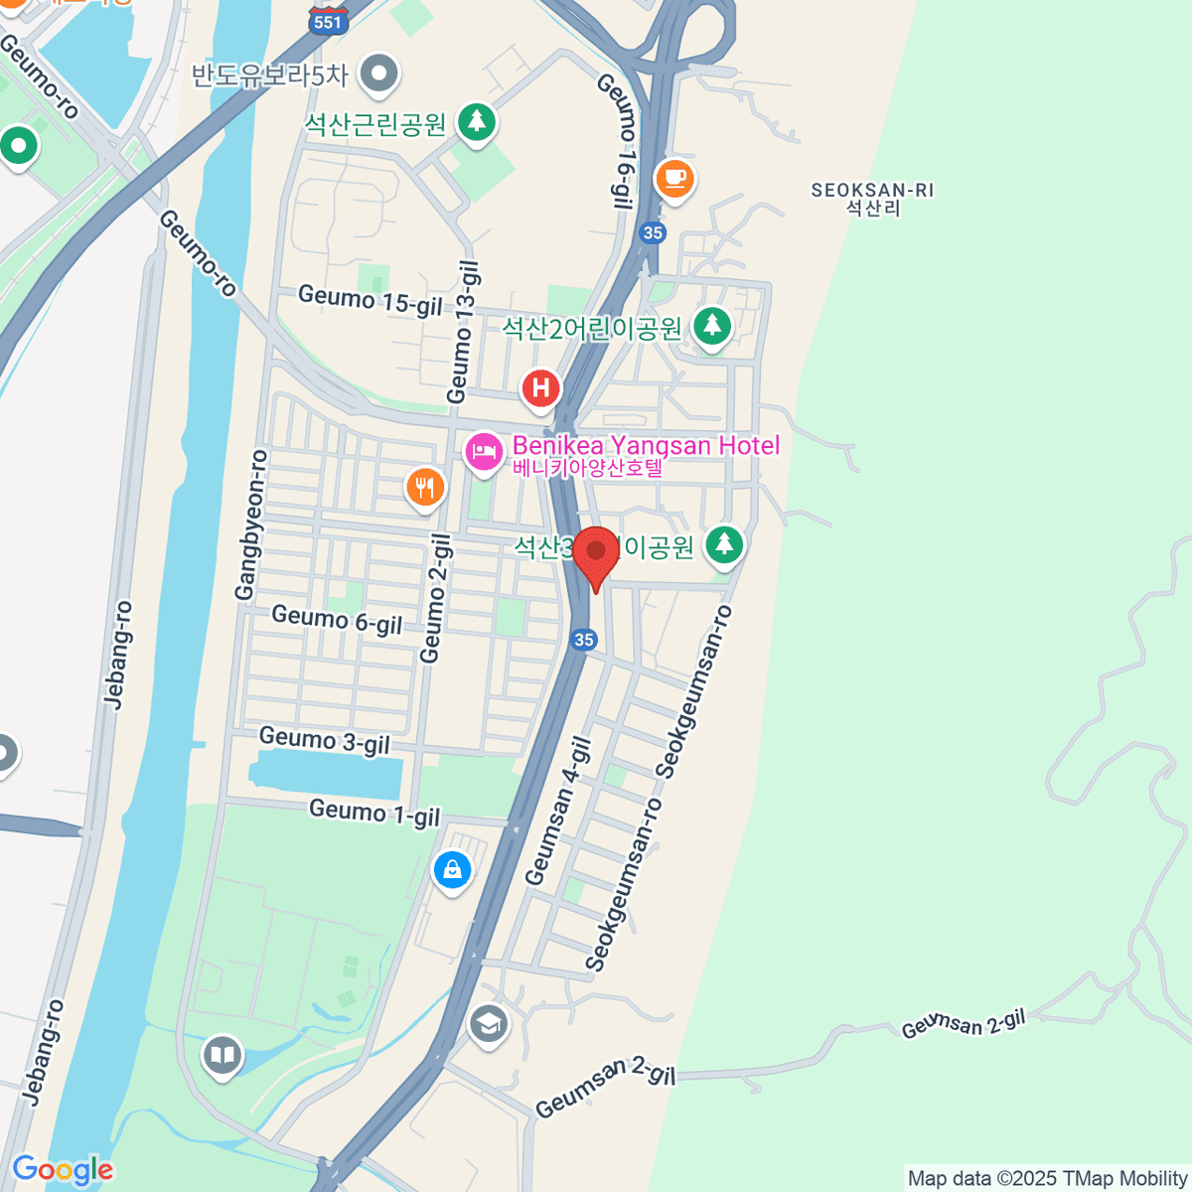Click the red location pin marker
tap(596, 552)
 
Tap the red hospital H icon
tap(541, 387)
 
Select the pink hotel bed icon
tap(484, 452)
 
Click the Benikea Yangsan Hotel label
tap(646, 446)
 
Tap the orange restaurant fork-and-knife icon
tap(425, 487)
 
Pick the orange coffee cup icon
tap(674, 179)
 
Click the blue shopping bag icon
tap(453, 870)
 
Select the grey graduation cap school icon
tap(488, 1023)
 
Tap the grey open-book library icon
tap(223, 1055)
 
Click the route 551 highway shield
tap(327, 22)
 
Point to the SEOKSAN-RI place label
tap(872, 191)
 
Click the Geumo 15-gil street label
tap(371, 300)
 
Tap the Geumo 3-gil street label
tap(324, 741)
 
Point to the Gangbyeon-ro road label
tap(251, 524)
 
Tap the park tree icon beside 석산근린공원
tap(477, 122)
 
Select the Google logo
tap(63, 1169)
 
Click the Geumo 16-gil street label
tap(617, 141)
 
